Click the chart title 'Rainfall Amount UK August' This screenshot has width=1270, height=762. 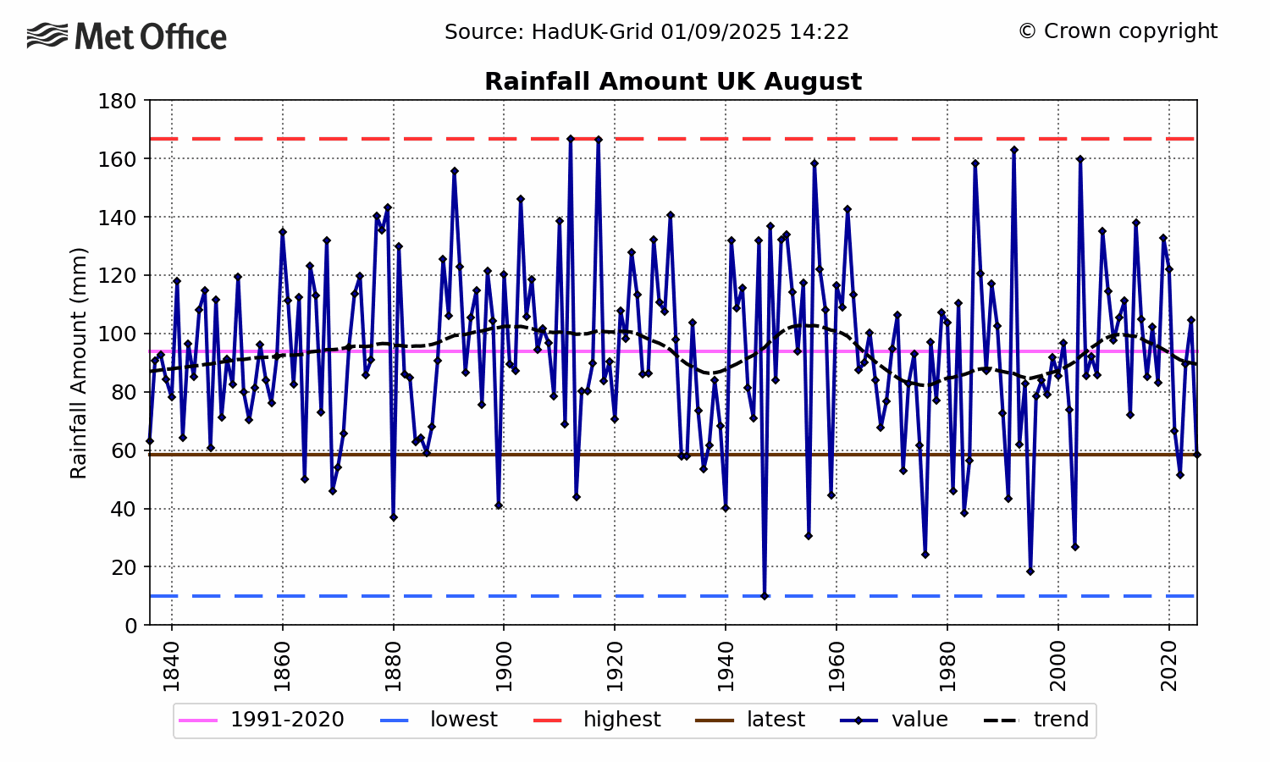coord(673,82)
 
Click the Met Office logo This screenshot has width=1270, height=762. coord(127,36)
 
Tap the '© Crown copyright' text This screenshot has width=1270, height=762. coord(1118,31)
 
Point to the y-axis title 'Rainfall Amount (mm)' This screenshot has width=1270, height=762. coord(79,362)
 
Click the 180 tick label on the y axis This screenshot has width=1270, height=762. coord(118,102)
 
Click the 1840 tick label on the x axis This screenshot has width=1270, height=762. coord(172,666)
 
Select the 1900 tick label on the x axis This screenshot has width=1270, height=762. coord(504,666)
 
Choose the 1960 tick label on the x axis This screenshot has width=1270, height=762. coord(837,666)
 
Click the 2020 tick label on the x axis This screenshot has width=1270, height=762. coord(1169,666)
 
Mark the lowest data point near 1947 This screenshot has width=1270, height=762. coord(765,596)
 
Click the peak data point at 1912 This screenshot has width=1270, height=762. coord(571,139)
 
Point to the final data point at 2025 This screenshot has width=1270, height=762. coord(1196,455)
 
